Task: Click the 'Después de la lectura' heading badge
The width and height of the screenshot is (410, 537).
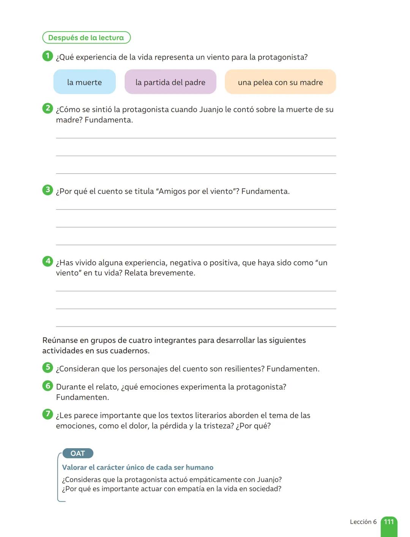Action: coord(86,38)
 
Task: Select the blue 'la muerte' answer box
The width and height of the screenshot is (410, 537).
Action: coord(84,82)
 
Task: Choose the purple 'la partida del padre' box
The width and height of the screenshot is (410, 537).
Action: coord(170,82)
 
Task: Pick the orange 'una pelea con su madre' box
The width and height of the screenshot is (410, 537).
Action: coord(280,82)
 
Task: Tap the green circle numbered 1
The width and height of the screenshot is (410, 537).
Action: coord(47,56)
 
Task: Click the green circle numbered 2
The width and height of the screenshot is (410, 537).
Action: coord(47,108)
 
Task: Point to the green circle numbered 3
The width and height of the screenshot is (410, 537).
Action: coord(47,190)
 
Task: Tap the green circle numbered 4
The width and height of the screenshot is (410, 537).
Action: coord(47,261)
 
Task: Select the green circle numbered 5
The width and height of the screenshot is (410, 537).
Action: coord(47,367)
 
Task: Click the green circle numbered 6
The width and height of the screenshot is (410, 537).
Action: coord(47,386)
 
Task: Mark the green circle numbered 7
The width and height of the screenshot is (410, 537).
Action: coord(47,414)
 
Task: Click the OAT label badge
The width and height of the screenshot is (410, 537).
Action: coord(77,453)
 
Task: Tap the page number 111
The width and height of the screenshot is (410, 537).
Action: coord(389,522)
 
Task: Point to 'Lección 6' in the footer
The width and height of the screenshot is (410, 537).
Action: coord(363,522)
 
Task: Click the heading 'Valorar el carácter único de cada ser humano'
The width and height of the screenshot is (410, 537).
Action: coord(137,468)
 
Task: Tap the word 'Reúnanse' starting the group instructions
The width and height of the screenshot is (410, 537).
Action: coord(58,340)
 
